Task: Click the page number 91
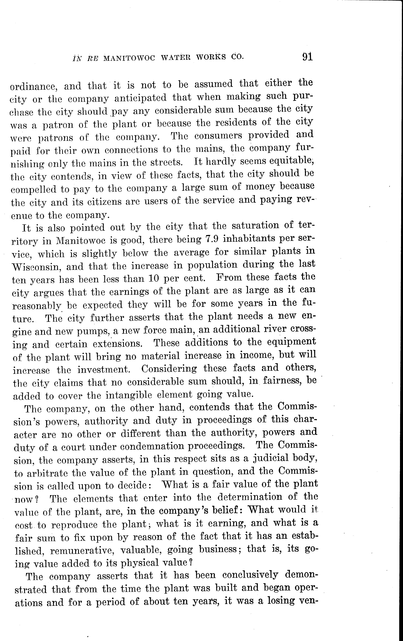(307, 57)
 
